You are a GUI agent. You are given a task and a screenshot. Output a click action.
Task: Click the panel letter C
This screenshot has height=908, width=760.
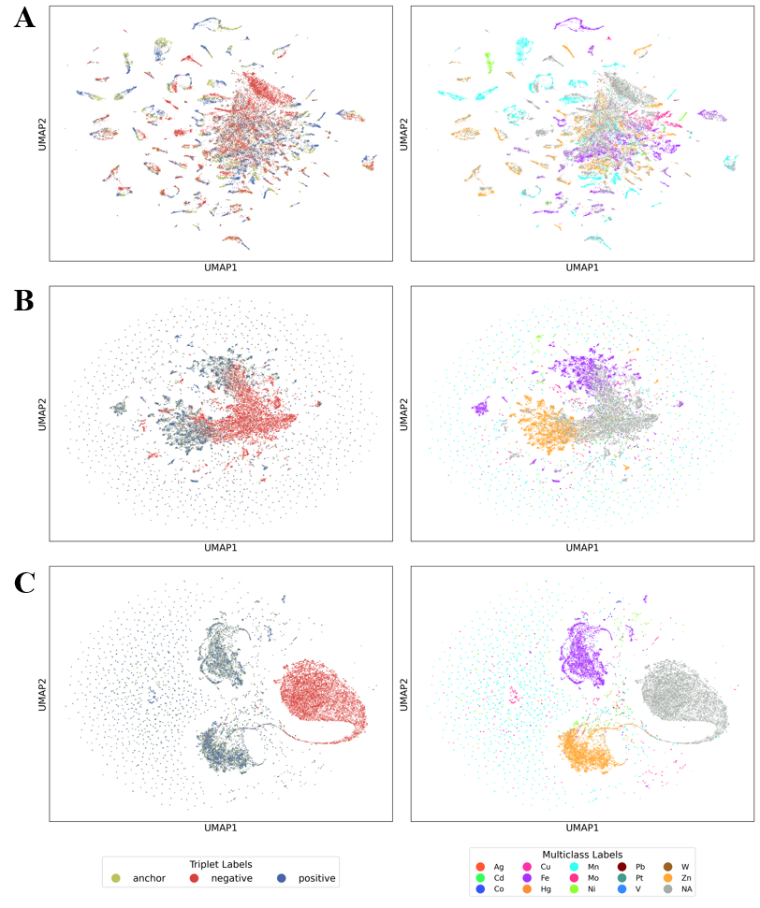pos(24,582)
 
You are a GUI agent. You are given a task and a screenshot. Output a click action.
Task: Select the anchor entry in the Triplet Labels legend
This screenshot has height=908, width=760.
pos(139,878)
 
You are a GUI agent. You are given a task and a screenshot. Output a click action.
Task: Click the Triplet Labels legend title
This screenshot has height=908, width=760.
pos(222,864)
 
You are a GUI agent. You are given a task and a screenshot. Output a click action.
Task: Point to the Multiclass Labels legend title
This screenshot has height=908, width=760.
pos(582,855)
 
